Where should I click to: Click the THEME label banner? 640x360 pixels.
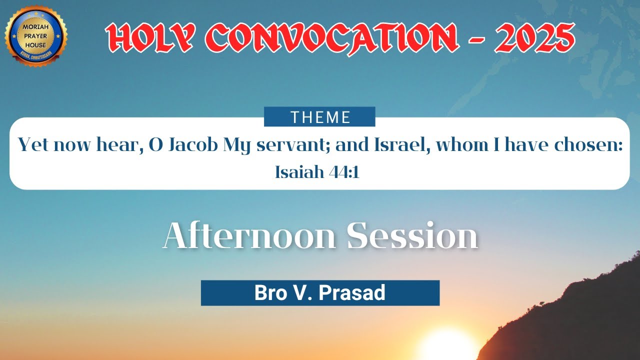coord(319,117)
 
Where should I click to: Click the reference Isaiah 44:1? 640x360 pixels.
coord(317,172)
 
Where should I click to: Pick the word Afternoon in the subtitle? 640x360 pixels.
coord(249,235)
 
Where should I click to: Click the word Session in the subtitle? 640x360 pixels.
coord(412,235)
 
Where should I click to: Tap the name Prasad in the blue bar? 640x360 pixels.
coord(352,293)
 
